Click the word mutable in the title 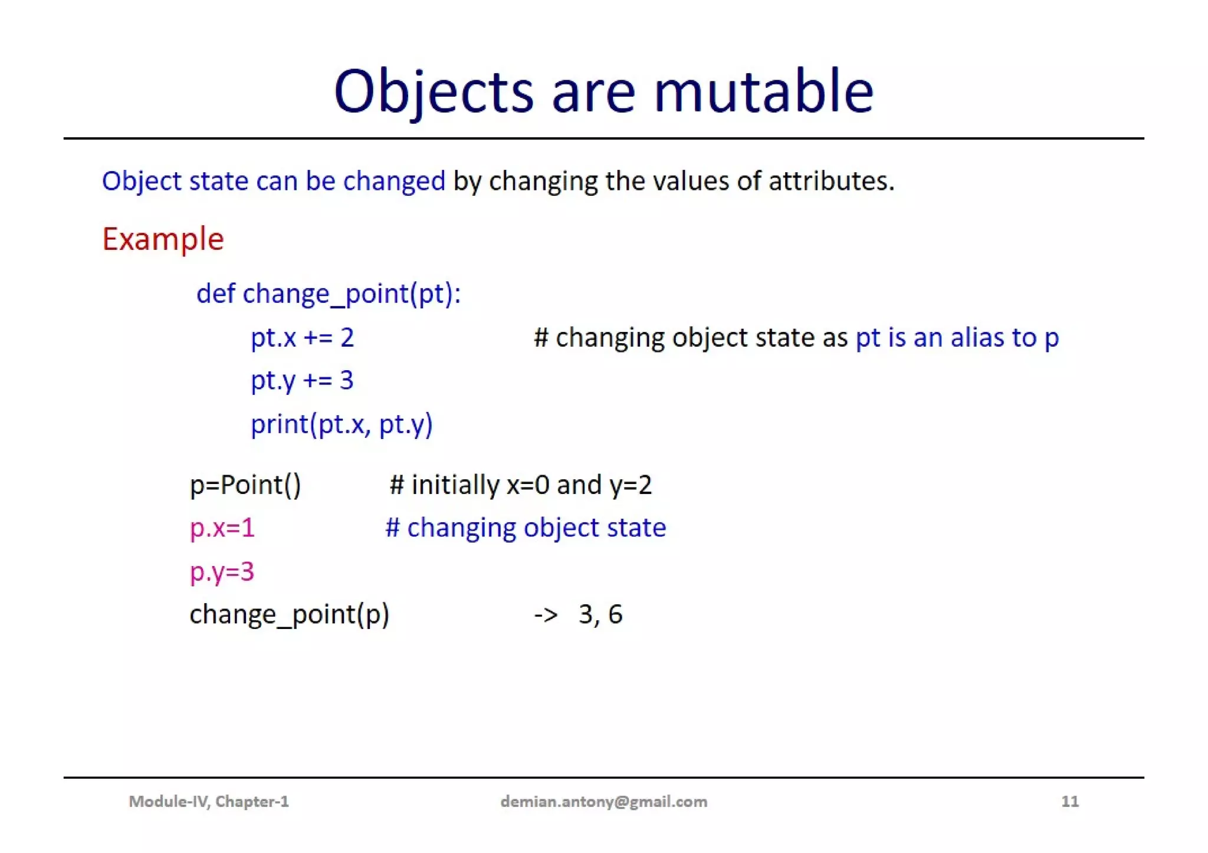[763, 91]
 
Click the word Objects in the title [434, 91]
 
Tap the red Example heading [163, 239]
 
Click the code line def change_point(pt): [328, 294]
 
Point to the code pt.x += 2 [302, 338]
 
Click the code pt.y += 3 [302, 380]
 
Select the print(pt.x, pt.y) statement [342, 424]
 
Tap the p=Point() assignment [245, 485]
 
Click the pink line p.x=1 [222, 528]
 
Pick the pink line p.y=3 [222, 571]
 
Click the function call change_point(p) [289, 614]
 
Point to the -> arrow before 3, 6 [546, 615]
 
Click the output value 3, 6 [600, 614]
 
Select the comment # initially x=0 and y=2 [520, 485]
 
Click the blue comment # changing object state [525, 528]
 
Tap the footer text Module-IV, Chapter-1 [209, 801]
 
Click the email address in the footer [603, 802]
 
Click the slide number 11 [1069, 801]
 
